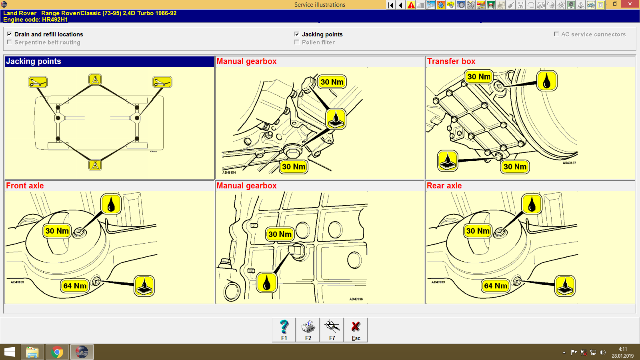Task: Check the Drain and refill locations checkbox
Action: pyautogui.click(x=9, y=34)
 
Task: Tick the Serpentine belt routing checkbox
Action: pyautogui.click(x=9, y=42)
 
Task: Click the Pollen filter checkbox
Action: pyautogui.click(x=297, y=42)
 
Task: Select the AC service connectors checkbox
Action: pyautogui.click(x=556, y=34)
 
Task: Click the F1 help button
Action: pyautogui.click(x=284, y=330)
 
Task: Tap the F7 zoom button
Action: pyautogui.click(x=332, y=330)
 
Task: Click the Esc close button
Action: pyautogui.click(x=356, y=330)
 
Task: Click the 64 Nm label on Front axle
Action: pyautogui.click(x=75, y=286)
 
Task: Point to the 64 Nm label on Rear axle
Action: pyautogui.click(x=496, y=286)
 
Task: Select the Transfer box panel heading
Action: pyautogui.click(x=451, y=61)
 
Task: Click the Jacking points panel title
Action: pyautogui.click(x=34, y=61)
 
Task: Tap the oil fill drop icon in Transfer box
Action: pyautogui.click(x=547, y=81)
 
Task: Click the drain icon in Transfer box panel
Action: pyautogui.click(x=448, y=161)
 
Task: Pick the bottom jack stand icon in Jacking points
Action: pyautogui.click(x=95, y=165)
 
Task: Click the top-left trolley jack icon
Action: pyautogui.click(x=38, y=82)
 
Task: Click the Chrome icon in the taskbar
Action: pyautogui.click(x=57, y=352)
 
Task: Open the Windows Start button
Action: pyautogui.click(x=10, y=352)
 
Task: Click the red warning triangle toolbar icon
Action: pyautogui.click(x=411, y=5)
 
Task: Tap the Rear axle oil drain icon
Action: pyautogui.click(x=565, y=286)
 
